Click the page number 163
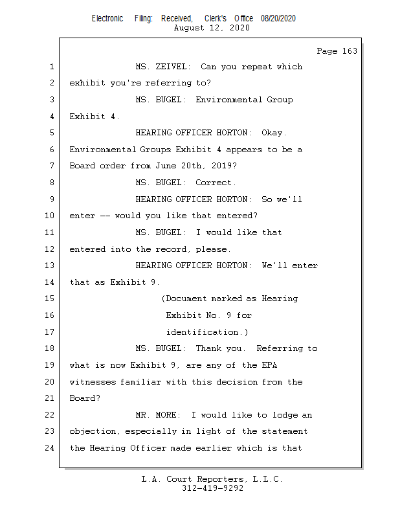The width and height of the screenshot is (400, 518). [350, 51]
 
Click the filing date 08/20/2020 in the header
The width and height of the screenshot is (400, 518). [278, 19]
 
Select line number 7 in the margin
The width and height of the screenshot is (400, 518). [52, 166]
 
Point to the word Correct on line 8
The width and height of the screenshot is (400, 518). [214, 183]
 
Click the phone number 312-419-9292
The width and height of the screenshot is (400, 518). [212, 488]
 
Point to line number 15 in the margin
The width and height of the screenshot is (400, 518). [50, 298]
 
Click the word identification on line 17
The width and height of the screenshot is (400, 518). [202, 332]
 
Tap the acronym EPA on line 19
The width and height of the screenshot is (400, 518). [269, 365]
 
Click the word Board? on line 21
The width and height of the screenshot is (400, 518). [85, 398]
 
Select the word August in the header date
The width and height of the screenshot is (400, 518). [189, 28]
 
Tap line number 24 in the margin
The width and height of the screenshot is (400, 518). [50, 448]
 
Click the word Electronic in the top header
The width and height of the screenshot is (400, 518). [107, 19]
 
